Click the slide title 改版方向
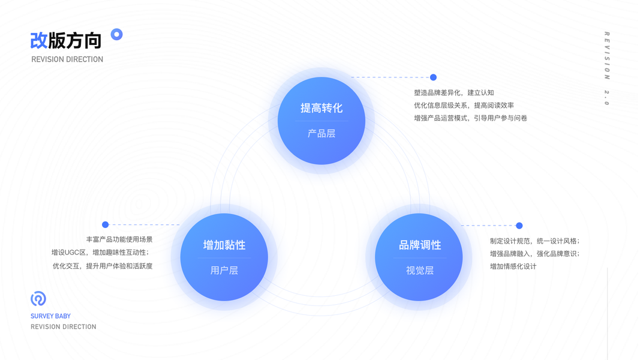point(66,40)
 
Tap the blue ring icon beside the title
point(117,34)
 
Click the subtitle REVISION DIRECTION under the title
point(67,59)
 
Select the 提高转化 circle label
point(321,108)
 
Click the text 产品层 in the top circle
point(321,133)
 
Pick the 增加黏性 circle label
point(224,245)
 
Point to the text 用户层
point(224,271)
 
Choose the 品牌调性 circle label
point(420,245)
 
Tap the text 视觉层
point(420,271)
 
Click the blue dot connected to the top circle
point(433,77)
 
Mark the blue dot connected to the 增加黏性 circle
point(106,225)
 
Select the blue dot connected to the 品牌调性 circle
point(519,226)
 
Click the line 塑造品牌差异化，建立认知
point(454,92)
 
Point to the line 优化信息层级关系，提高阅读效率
point(464,105)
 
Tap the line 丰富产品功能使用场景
point(119,239)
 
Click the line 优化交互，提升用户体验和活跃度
point(103,266)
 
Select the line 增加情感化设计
point(513,266)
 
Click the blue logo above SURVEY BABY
point(38,298)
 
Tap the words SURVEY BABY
point(50,316)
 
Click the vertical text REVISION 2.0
point(606,68)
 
